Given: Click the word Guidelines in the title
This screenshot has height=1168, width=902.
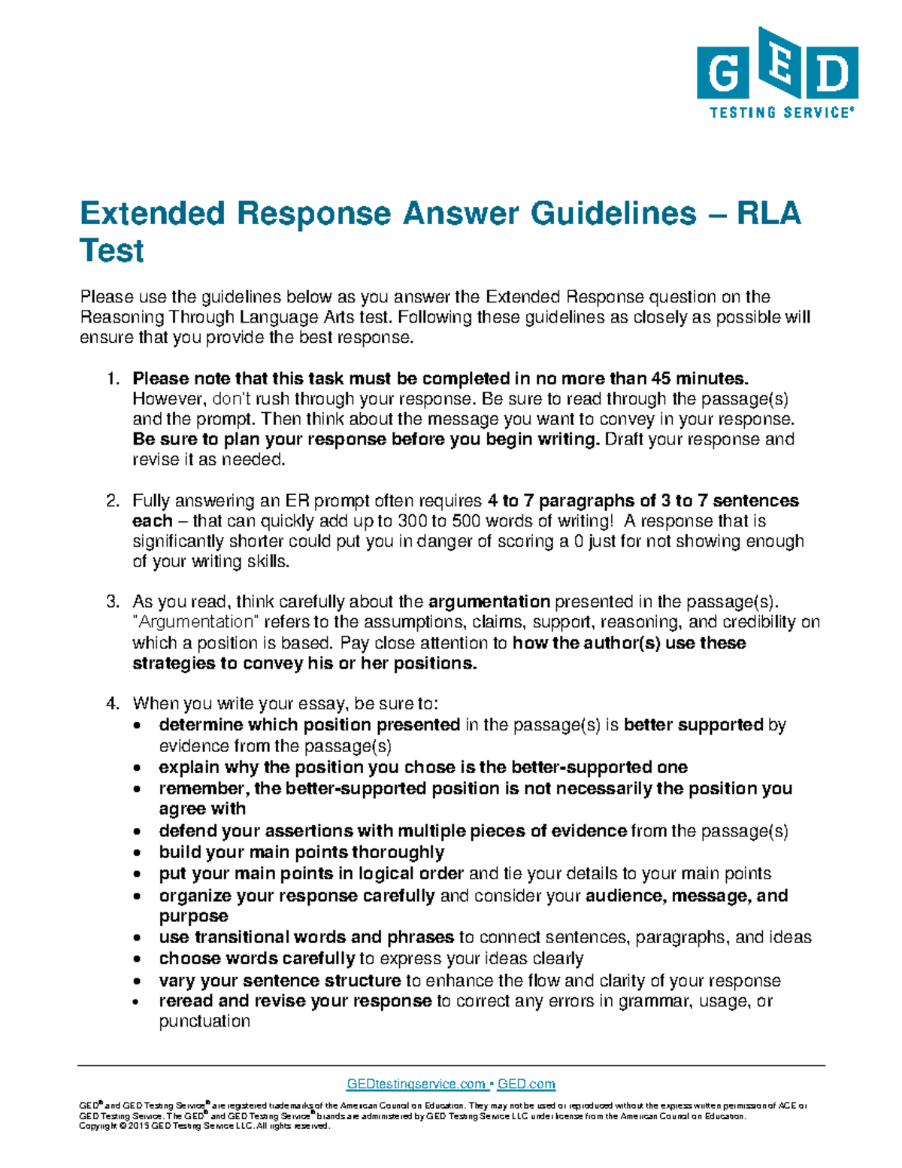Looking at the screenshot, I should tap(613, 214).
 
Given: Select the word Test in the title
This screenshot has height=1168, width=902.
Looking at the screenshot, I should tap(111, 250).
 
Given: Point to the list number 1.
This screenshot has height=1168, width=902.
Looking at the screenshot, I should tap(112, 378).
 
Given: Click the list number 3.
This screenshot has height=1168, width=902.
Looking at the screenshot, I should tap(112, 602).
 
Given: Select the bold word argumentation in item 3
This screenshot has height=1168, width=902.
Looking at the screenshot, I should tap(489, 602).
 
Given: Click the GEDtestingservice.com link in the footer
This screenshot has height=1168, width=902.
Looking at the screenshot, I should tap(415, 1084).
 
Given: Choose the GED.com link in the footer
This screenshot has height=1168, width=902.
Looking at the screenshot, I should tap(526, 1084).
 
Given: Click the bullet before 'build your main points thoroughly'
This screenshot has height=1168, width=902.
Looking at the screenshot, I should tap(136, 854).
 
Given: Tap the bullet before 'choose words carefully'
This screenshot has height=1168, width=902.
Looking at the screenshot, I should tap(136, 960).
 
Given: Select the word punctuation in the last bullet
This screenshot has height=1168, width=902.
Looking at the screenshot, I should tap(204, 1021).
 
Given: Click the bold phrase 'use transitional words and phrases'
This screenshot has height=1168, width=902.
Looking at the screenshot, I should tap(306, 937).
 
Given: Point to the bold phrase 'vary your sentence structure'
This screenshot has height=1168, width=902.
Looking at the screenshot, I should tap(280, 981).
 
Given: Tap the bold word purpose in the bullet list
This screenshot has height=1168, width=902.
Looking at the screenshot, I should tap(193, 916).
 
